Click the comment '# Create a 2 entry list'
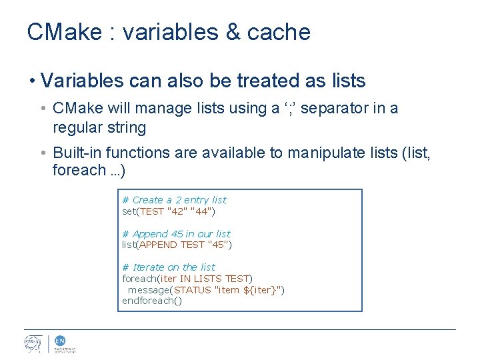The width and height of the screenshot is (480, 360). tap(174, 200)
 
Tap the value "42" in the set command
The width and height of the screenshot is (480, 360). tap(176, 211)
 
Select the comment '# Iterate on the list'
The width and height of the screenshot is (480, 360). tap(169, 267)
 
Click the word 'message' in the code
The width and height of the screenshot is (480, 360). tap(149, 290)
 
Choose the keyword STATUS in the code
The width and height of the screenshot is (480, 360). tap(192, 290)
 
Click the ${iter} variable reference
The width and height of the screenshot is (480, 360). tap(261, 290)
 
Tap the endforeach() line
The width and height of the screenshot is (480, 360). tap(151, 301)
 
